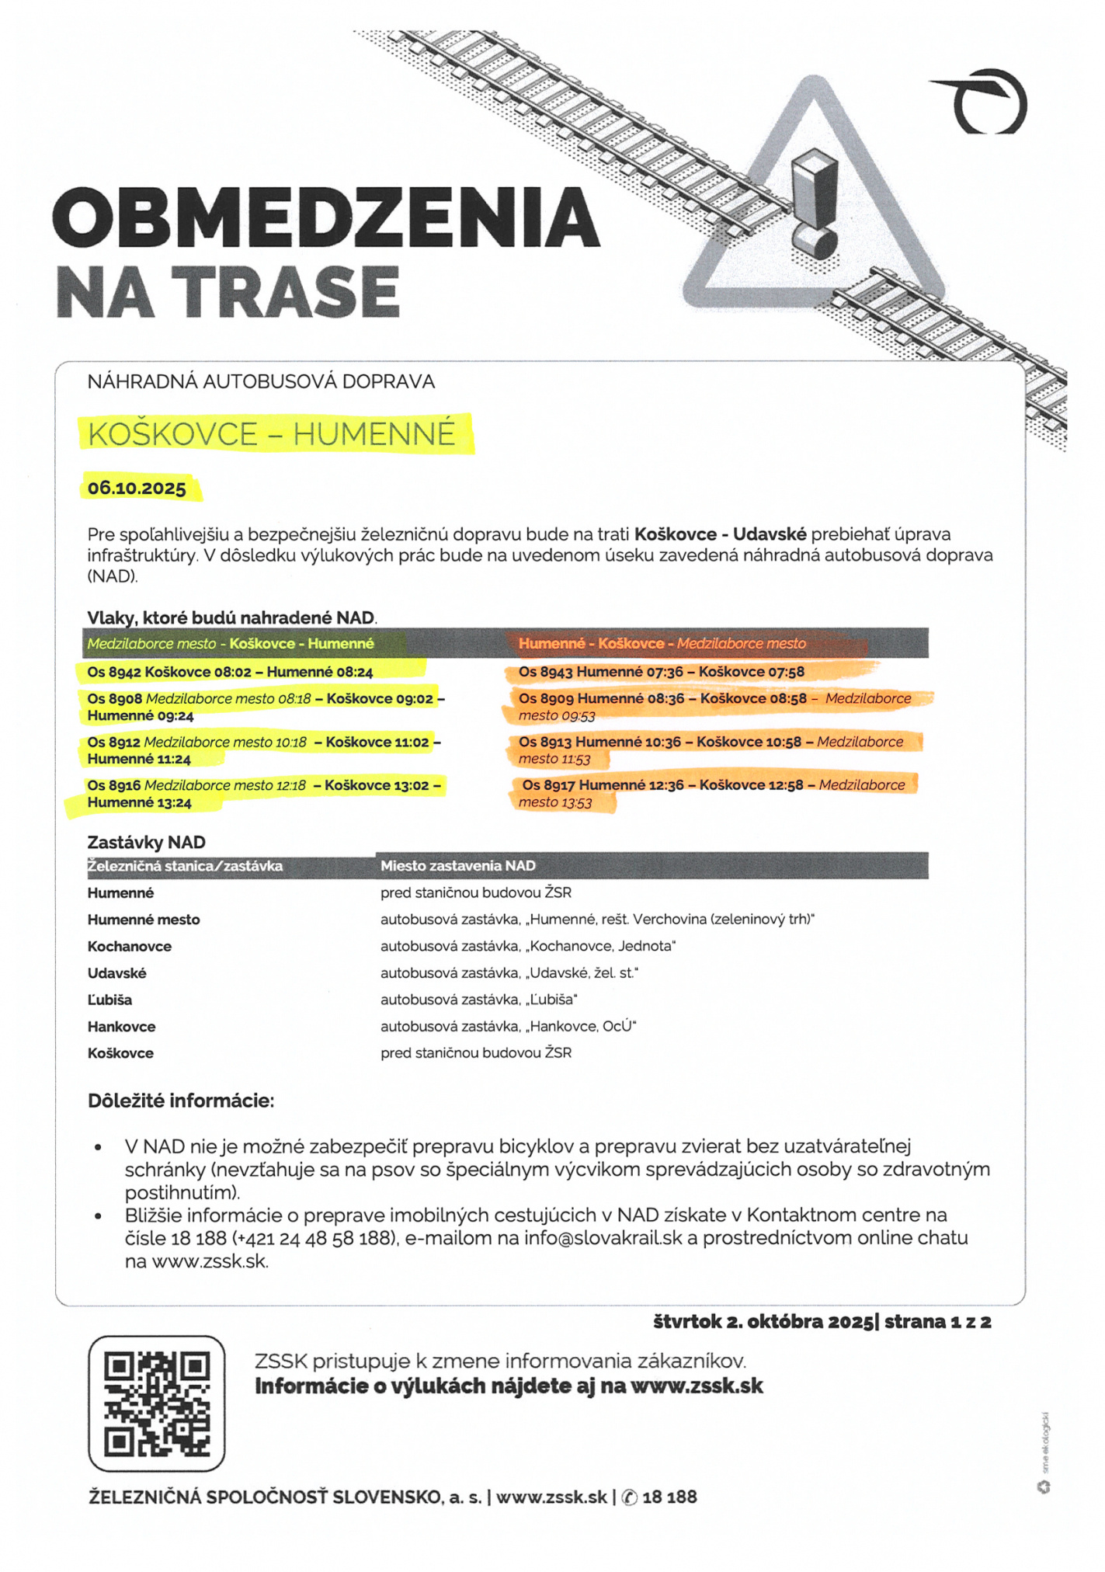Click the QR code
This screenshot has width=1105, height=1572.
tap(156, 1403)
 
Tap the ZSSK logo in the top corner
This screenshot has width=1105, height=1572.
tap(984, 101)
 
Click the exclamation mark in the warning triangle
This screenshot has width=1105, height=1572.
tap(813, 205)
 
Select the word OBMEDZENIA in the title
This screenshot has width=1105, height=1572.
tap(326, 217)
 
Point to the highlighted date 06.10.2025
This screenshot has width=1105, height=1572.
tap(137, 489)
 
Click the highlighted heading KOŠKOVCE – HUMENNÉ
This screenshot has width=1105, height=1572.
tap(272, 433)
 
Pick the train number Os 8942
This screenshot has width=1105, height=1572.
tap(114, 672)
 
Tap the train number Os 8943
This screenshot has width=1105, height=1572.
tap(546, 672)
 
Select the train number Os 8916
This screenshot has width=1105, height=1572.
tap(114, 785)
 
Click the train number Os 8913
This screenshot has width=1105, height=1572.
tap(545, 742)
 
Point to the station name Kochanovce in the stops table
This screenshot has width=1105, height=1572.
tap(129, 946)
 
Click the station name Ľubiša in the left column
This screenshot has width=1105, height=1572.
tap(109, 1000)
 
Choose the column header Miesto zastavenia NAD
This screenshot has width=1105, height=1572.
tap(457, 866)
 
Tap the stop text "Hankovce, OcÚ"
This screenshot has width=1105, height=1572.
tap(582, 1027)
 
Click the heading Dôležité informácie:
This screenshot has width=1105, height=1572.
tap(180, 1101)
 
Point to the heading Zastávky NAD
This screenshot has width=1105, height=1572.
tap(146, 843)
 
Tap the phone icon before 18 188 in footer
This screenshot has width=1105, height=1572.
tap(630, 1497)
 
